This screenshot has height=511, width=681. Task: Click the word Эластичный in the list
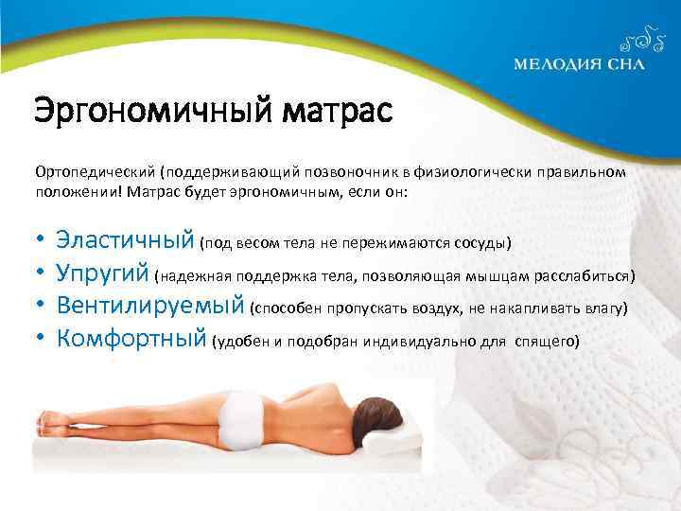click(125, 238)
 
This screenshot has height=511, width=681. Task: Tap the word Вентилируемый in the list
click(151, 306)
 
